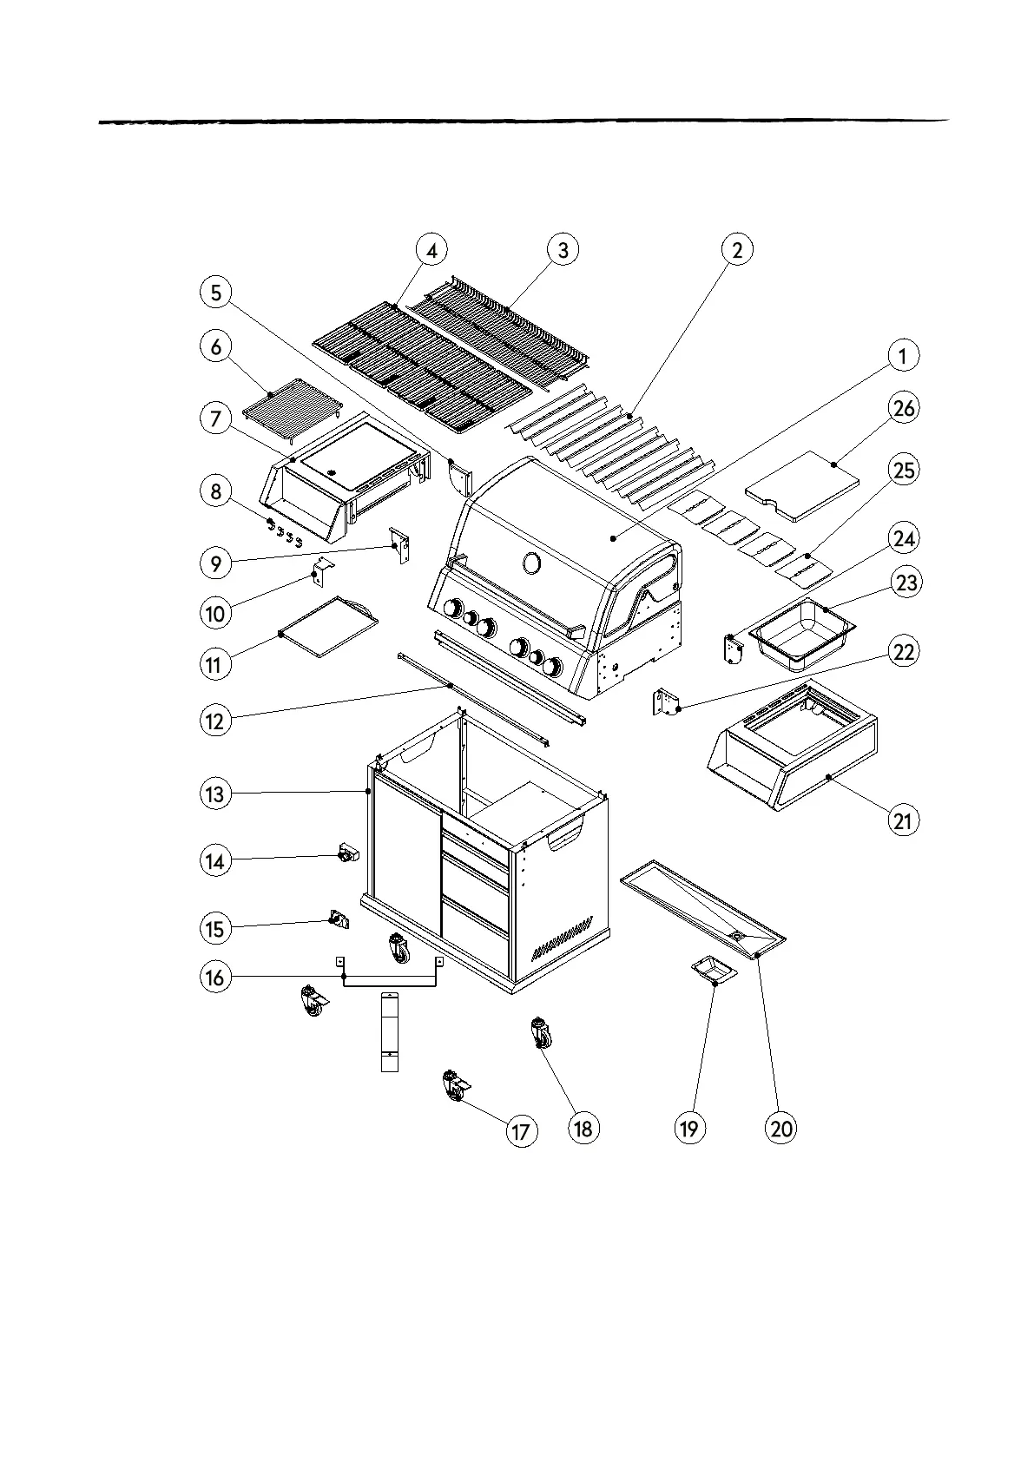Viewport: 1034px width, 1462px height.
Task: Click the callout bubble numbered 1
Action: (903, 355)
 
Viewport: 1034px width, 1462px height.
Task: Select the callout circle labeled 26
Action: (904, 407)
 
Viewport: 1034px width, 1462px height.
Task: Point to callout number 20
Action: (781, 1128)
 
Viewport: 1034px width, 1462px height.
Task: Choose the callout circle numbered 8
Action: (215, 492)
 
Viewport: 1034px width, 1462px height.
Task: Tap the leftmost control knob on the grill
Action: (451, 608)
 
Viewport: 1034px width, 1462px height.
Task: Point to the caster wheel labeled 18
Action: (540, 1033)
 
